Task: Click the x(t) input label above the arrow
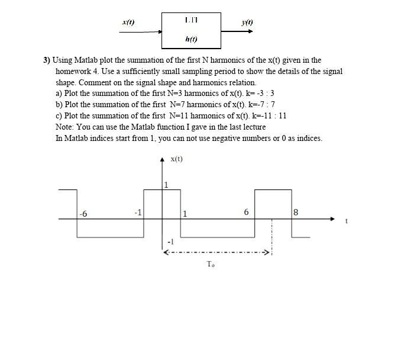128,22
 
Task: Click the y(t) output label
247,22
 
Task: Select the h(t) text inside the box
191,40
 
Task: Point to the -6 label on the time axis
83,214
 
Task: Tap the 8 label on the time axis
296,213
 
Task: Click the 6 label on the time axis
246,213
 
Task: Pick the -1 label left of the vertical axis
138,213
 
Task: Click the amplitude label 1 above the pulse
166,185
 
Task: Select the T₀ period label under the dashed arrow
211,264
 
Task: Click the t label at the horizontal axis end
347,221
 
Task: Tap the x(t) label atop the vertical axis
176,159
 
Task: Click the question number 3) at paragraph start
47,60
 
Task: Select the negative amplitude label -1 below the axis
170,242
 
